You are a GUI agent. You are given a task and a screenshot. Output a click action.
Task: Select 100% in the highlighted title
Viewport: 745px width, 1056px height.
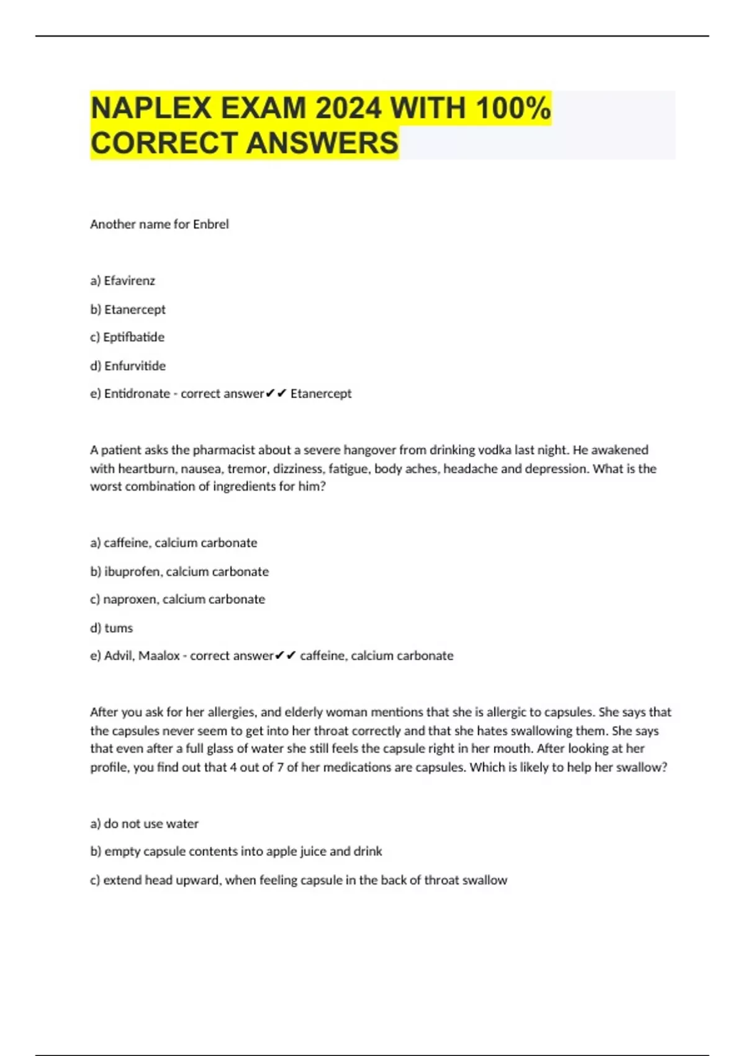513,109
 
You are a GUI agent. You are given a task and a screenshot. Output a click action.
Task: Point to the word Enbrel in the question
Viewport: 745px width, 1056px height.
210,224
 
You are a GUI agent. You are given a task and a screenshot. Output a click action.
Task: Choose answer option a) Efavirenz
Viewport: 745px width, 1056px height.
122,281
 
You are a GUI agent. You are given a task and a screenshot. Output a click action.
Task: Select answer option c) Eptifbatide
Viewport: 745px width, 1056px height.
127,337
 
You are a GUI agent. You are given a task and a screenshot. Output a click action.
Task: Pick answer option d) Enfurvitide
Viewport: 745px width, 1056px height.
128,366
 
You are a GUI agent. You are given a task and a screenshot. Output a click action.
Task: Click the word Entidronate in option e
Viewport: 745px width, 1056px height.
137,394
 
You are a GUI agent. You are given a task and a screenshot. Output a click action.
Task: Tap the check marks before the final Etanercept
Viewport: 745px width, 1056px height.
276,394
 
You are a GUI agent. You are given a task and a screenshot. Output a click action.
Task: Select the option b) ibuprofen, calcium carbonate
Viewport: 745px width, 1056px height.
179,571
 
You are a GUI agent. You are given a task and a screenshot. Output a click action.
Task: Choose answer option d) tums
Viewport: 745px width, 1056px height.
112,628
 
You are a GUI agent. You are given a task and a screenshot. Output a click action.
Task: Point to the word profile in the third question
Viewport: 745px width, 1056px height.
109,767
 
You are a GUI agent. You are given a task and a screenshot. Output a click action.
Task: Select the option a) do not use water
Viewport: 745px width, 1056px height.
144,824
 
